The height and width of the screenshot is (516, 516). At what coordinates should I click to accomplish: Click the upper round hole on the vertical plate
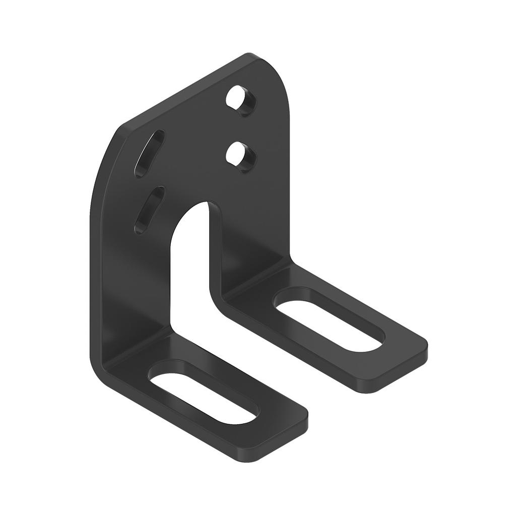(x=240, y=99)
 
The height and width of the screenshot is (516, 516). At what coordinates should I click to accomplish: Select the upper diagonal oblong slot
(x=149, y=153)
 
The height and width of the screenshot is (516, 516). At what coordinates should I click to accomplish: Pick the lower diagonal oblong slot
(x=149, y=210)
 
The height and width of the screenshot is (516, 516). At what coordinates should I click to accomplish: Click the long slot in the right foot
(x=329, y=320)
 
